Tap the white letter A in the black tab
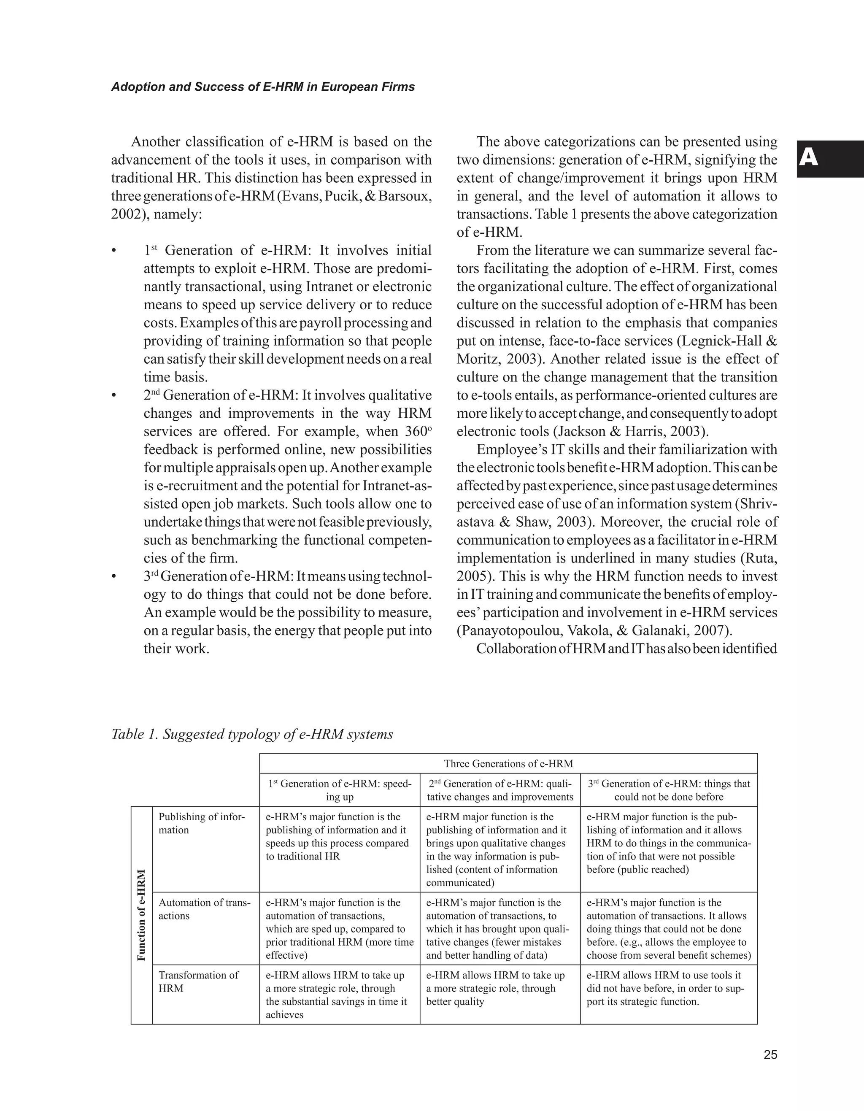point(809,158)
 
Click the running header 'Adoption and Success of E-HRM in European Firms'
point(263,87)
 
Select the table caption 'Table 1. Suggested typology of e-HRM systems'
point(252,734)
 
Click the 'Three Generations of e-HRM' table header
point(508,764)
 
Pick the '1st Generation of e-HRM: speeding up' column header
point(340,790)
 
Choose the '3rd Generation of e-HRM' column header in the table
point(669,790)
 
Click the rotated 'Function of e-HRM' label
point(142,915)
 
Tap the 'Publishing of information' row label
point(201,823)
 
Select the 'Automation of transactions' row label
point(205,909)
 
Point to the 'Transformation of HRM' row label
point(198,981)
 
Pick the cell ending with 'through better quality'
point(495,988)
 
